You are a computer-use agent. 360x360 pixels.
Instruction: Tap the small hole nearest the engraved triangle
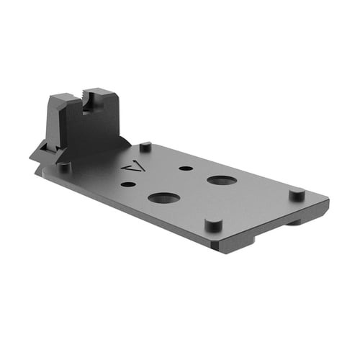[128, 185]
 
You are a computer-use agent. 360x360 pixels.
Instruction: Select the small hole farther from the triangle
[186, 168]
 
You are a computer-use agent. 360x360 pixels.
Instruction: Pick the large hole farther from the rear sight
[221, 179]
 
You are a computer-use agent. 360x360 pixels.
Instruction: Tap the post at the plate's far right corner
[296, 194]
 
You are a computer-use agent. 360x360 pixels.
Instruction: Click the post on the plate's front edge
[212, 223]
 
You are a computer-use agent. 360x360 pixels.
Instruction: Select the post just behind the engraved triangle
[145, 146]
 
